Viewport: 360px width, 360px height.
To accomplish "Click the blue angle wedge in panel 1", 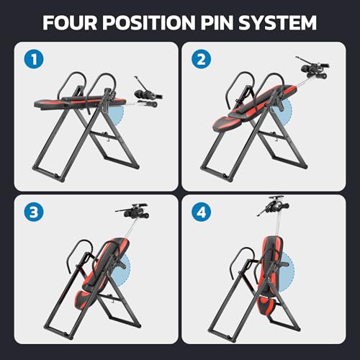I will click(x=119, y=109).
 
